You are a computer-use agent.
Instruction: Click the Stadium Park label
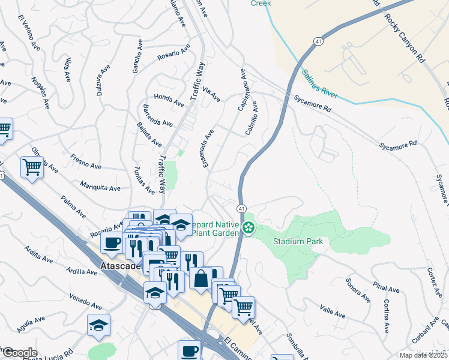click(298, 242)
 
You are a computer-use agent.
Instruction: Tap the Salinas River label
click(320, 83)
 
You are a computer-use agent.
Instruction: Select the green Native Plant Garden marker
click(248, 229)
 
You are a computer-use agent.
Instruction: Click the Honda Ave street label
click(169, 100)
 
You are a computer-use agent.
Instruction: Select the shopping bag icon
click(200, 278)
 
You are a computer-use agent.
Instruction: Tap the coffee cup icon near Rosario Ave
click(112, 242)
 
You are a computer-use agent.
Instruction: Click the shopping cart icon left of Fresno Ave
click(32, 167)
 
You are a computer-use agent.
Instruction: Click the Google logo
click(19, 353)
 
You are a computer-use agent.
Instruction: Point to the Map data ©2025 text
click(423, 355)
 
